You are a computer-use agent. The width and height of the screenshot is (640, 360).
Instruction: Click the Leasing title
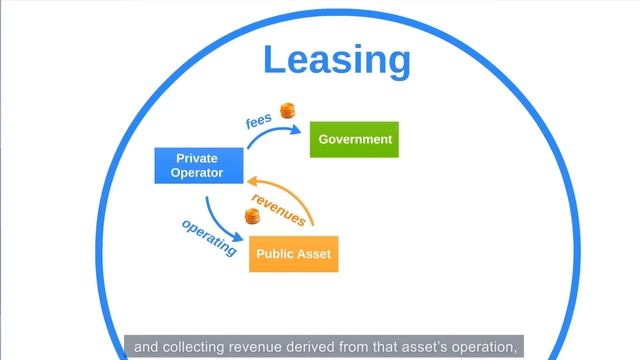337,60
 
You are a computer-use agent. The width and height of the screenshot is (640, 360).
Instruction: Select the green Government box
354,139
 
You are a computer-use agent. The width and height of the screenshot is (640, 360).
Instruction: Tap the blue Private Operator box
197,166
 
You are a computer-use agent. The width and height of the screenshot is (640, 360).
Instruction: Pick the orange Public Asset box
293,254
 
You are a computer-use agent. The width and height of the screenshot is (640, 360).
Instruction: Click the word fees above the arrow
259,122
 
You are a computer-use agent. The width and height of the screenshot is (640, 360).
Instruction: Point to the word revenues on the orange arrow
278,205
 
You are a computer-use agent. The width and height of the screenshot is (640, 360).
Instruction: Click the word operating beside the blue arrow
209,237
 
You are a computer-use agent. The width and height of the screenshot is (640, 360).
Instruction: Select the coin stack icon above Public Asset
253,215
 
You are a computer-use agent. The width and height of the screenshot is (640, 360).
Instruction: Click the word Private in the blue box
197,158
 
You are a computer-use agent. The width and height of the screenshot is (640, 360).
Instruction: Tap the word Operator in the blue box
197,173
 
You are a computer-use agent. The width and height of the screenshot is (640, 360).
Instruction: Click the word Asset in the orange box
313,254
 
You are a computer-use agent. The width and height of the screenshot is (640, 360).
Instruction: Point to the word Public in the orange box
274,254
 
